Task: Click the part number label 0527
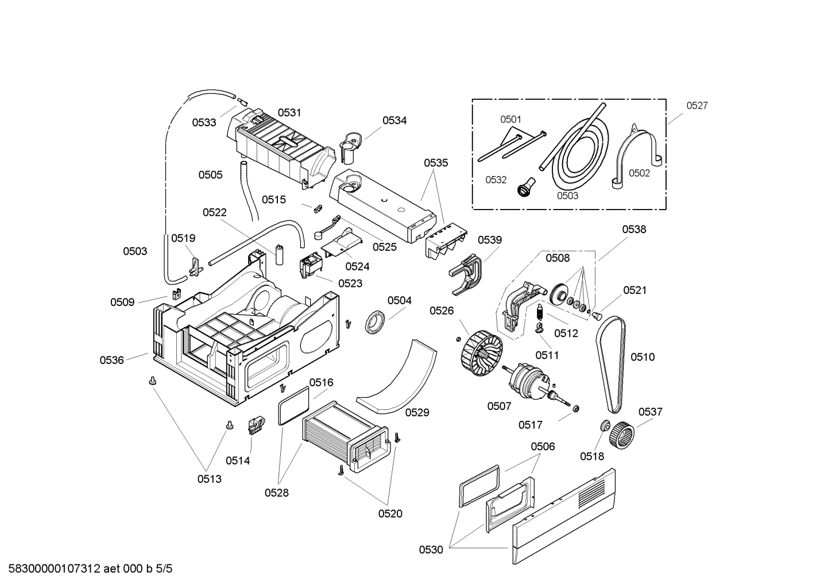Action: pyautogui.click(x=697, y=106)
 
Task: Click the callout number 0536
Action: pyautogui.click(x=111, y=360)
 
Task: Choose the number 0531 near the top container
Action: pyautogui.click(x=289, y=113)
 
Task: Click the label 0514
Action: pyautogui.click(x=237, y=460)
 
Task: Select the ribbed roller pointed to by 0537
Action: pyautogui.click(x=620, y=436)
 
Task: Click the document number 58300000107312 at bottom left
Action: pyautogui.click(x=52, y=569)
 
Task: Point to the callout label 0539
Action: pyautogui.click(x=489, y=240)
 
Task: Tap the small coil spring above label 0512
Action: pyautogui.click(x=539, y=313)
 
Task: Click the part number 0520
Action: pyautogui.click(x=390, y=514)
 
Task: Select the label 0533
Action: pyautogui.click(x=204, y=122)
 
